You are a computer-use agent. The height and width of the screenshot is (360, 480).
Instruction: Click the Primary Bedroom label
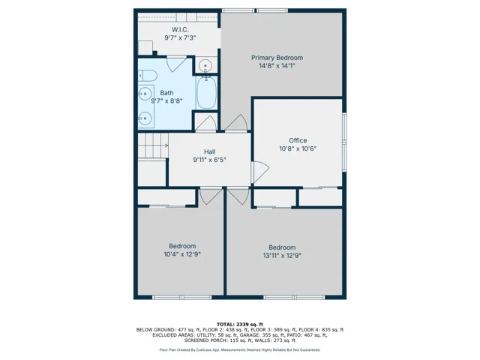pyautogui.click(x=277, y=58)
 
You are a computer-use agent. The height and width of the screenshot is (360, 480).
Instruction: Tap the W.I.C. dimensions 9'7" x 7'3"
pyautogui.click(x=180, y=38)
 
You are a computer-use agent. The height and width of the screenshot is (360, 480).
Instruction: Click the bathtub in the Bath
pyautogui.click(x=206, y=92)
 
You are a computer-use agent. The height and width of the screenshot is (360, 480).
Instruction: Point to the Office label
pyautogui.click(x=298, y=140)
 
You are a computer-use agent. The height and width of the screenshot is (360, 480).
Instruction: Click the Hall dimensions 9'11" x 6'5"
pyautogui.click(x=209, y=160)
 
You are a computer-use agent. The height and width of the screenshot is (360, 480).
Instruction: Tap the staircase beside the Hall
pyautogui.click(x=153, y=145)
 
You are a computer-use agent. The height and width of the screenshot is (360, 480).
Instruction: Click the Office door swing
pyautogui.click(x=260, y=172)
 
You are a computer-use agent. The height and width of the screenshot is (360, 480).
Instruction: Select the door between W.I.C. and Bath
pyautogui.click(x=176, y=64)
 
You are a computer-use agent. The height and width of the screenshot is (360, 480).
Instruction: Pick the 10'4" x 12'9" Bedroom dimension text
pyautogui.click(x=182, y=254)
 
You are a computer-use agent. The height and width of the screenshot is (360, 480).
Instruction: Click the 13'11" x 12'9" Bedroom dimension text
pyautogui.click(x=282, y=256)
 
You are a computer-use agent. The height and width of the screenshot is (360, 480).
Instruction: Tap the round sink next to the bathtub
pyautogui.click(x=205, y=65)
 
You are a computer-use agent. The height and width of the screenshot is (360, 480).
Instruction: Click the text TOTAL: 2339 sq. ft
pyautogui.click(x=240, y=325)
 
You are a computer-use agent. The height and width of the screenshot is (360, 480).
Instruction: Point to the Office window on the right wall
pyautogui.click(x=344, y=142)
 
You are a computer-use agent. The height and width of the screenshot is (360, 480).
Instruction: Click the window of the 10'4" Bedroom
pyautogui.click(x=181, y=297)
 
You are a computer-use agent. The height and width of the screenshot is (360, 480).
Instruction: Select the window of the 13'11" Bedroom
pyautogui.click(x=294, y=297)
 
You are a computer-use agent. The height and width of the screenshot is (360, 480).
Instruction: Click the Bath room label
pyautogui.click(x=166, y=93)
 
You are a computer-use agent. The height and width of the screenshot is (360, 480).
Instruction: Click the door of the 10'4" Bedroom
pyautogui.click(x=211, y=196)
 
